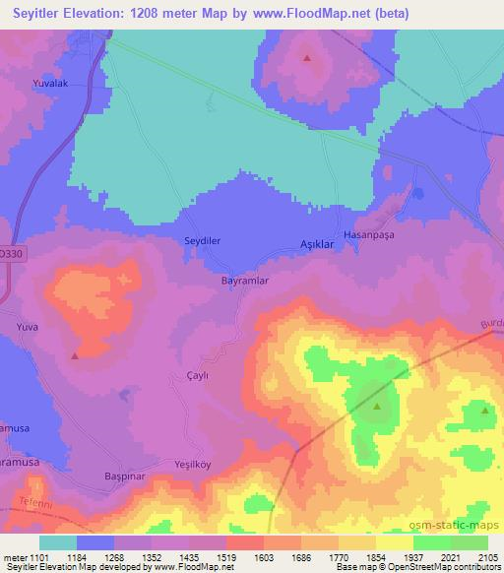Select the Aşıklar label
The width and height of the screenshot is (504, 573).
click(316, 244)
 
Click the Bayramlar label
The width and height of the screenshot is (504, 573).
click(243, 281)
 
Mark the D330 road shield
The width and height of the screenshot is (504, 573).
click(9, 253)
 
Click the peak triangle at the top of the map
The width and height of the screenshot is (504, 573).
click(308, 57)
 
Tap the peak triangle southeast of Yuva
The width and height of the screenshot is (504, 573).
click(75, 354)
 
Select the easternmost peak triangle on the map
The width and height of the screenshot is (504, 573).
click(483, 411)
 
